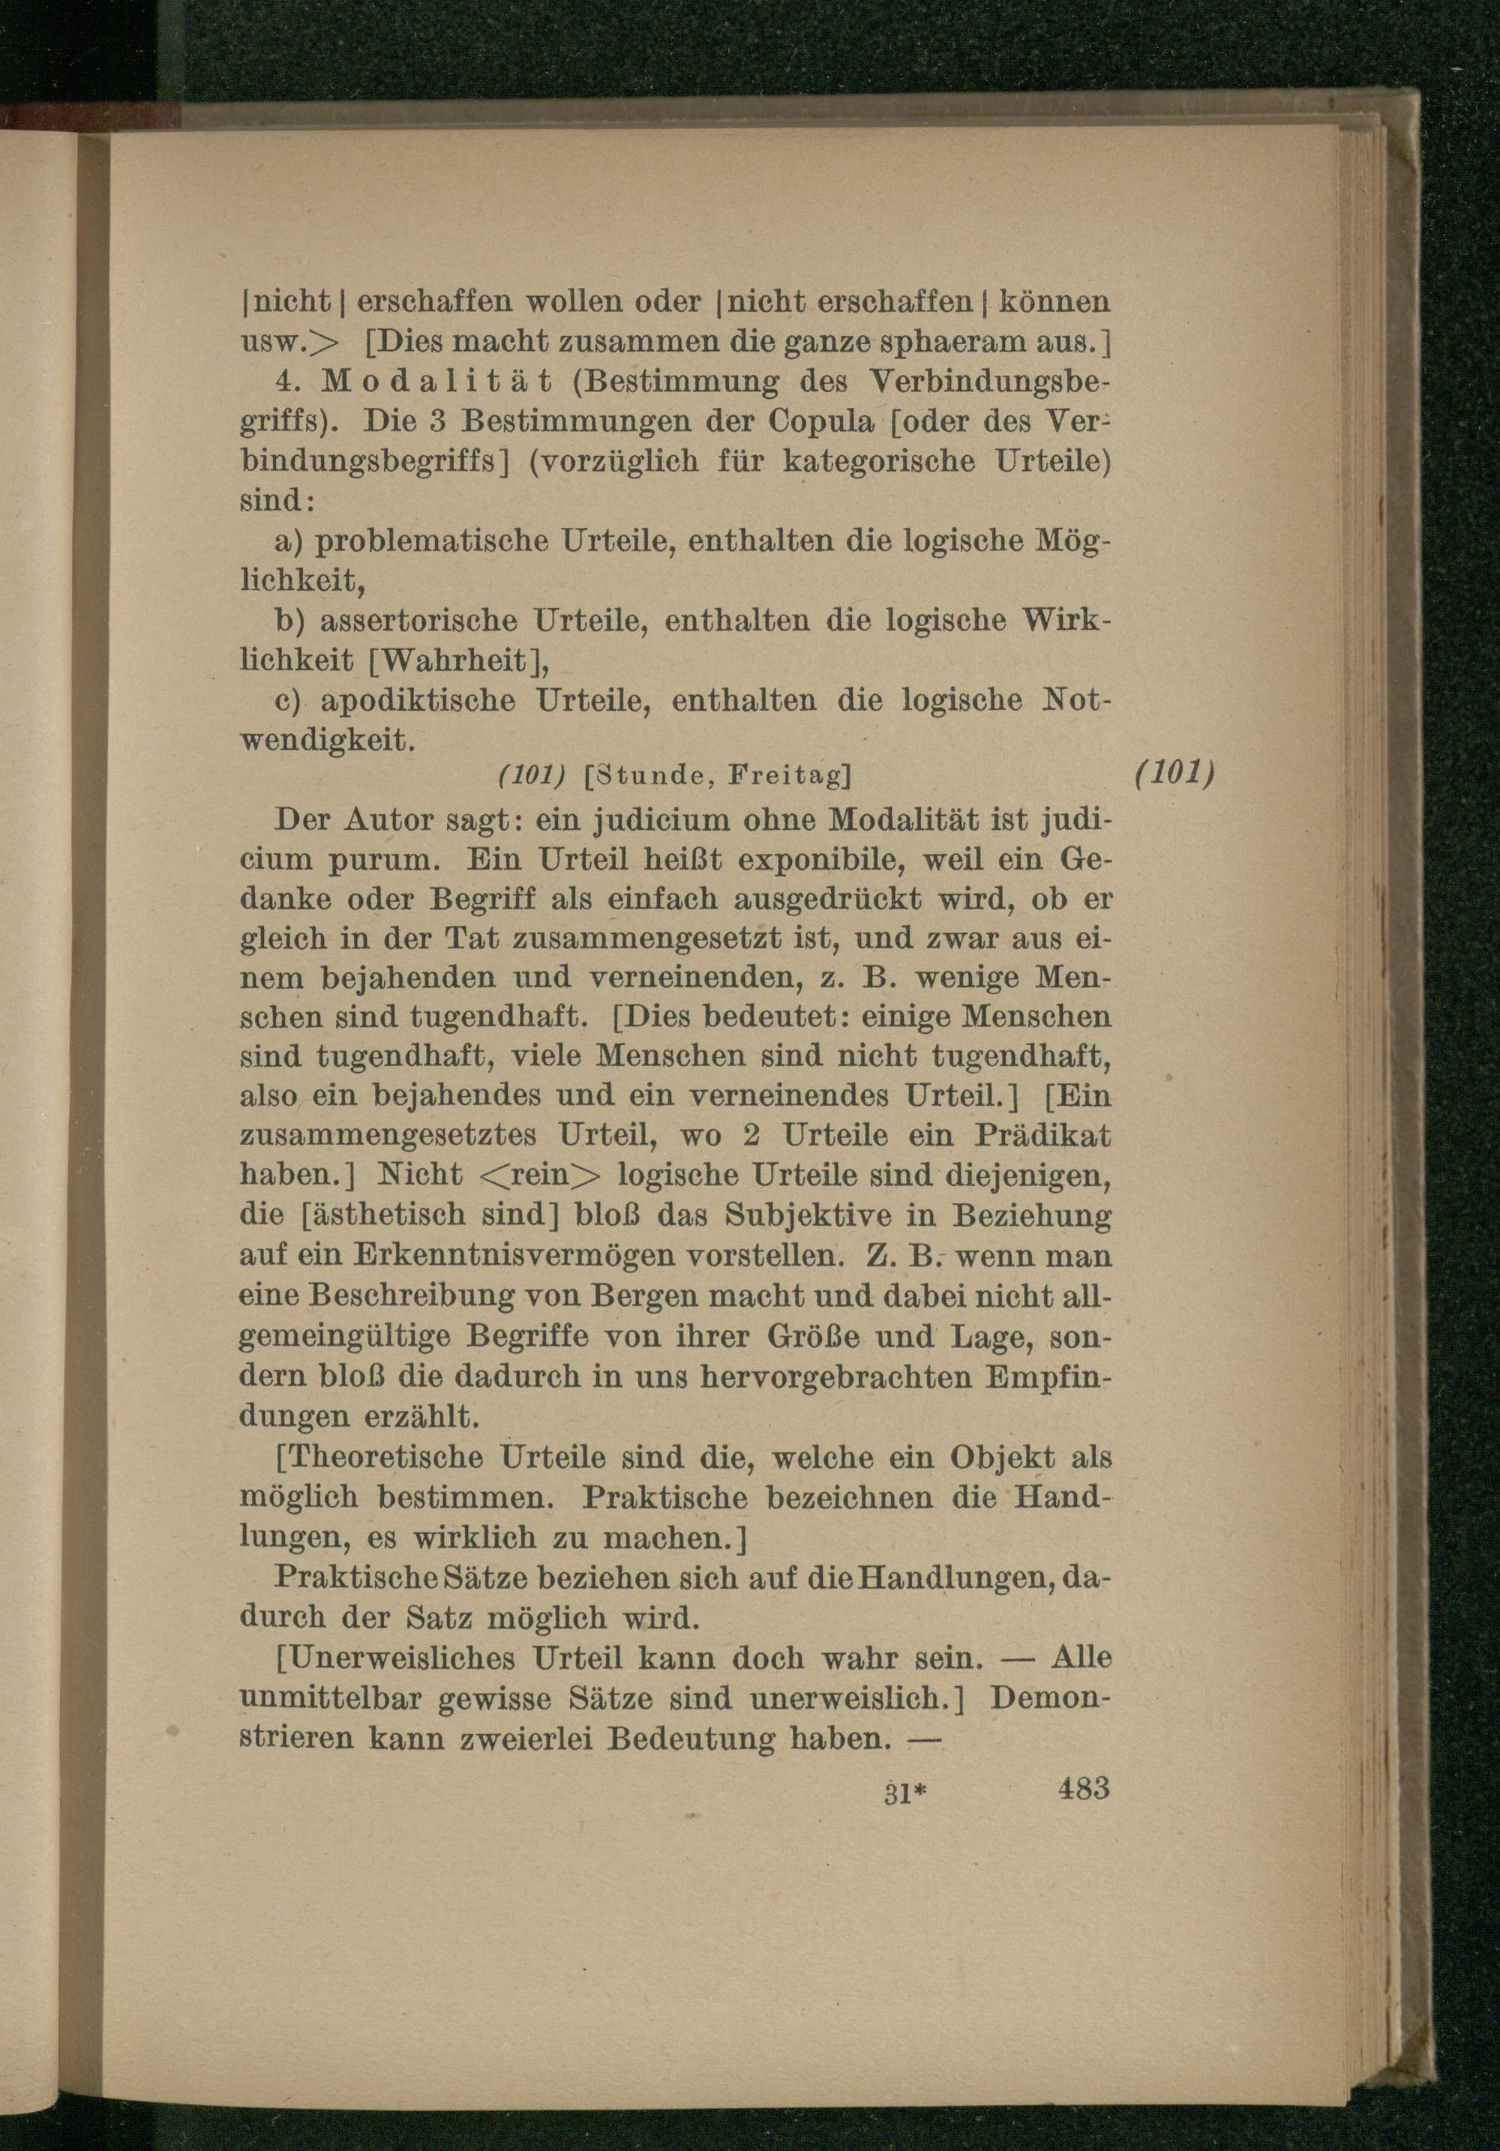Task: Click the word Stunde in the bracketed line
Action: [650, 777]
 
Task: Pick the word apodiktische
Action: [418, 701]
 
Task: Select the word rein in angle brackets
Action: [544, 1175]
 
